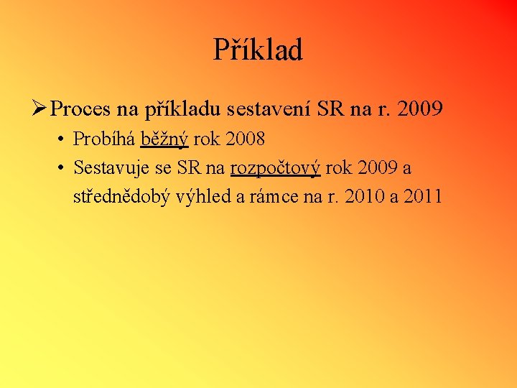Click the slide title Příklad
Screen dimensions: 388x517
(258, 50)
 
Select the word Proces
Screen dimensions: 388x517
(81, 109)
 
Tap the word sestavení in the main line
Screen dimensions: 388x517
(269, 109)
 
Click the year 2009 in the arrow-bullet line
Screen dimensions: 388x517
(419, 109)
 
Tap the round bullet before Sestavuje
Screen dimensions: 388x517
(62, 168)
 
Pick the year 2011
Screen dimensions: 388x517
(423, 196)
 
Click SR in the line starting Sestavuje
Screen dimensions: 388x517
(190, 168)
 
